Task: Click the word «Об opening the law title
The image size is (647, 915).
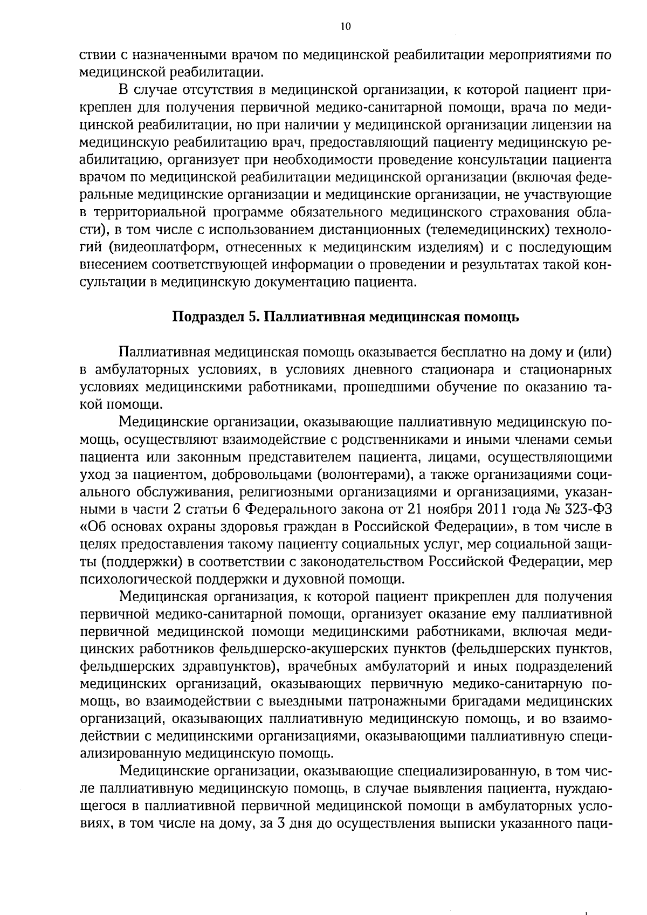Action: click(94, 526)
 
